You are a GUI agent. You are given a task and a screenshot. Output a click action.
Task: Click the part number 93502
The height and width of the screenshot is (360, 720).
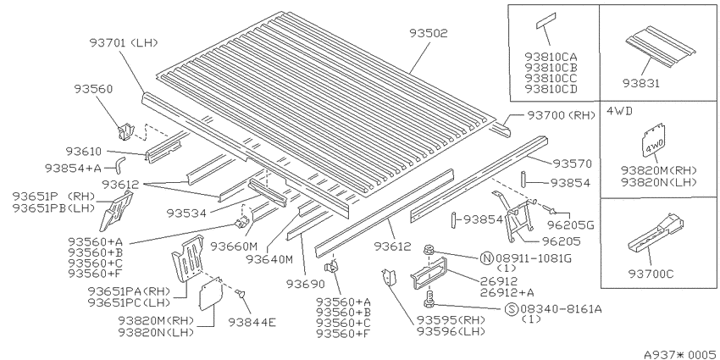(429, 33)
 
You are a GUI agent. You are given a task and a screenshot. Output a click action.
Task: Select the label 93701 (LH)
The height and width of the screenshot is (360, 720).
(124, 42)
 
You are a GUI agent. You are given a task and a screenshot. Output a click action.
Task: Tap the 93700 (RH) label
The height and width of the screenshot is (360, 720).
(561, 115)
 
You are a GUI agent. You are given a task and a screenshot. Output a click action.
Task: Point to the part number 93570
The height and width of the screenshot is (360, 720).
(572, 163)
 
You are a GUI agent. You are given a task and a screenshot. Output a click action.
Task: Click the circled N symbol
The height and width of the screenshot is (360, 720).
(487, 258)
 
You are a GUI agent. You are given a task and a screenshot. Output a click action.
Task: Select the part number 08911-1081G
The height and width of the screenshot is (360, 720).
(534, 258)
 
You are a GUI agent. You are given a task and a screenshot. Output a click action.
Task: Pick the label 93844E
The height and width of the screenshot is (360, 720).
(252, 323)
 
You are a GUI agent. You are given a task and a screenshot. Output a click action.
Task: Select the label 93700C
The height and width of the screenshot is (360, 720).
(651, 274)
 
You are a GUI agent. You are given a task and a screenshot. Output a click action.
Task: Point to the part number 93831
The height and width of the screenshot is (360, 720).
(641, 84)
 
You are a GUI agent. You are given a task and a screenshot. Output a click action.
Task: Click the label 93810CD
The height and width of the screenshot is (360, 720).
(551, 89)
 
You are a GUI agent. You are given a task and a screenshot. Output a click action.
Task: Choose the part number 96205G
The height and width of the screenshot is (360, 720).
(571, 225)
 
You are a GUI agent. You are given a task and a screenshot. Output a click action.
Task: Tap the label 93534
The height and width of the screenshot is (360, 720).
(186, 213)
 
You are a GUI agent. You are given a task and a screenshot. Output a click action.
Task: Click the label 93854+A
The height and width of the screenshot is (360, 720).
(73, 169)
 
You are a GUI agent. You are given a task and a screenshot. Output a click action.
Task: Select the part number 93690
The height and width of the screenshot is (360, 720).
(305, 285)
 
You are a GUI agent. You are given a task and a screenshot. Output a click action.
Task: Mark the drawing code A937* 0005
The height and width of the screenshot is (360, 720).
(680, 354)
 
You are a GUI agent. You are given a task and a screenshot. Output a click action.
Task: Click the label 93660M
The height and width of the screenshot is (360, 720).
(233, 246)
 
